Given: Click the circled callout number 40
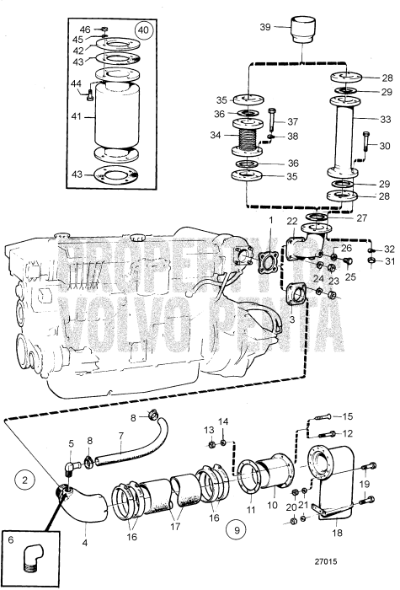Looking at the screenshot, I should pyautogui.click(x=145, y=30).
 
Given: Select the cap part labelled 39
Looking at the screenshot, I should pyautogui.click(x=300, y=31).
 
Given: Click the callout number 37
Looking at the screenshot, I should pyautogui.click(x=293, y=121).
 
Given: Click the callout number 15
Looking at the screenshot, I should pyautogui.click(x=349, y=416).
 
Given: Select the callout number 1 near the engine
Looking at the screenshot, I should pyautogui.click(x=271, y=220).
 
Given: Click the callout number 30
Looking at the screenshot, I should pyautogui.click(x=386, y=146).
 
